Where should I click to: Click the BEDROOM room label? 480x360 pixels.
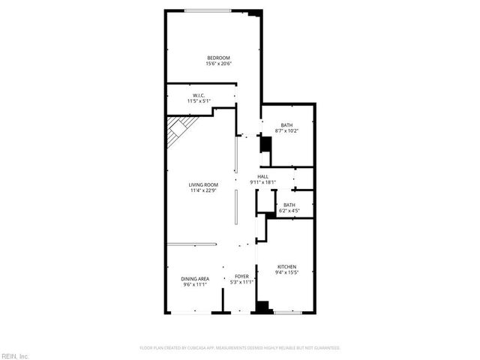point(218,58)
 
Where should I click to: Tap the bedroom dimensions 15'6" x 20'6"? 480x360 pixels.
point(218,64)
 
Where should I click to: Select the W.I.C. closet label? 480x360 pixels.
point(199,95)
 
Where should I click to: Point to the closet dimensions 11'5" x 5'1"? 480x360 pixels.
point(199,101)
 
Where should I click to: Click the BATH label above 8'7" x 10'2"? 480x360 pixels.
point(286,125)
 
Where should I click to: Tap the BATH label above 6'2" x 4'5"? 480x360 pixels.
point(289,205)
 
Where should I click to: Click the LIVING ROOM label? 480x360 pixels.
point(203,184)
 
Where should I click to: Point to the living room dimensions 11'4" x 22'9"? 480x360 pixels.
point(203,190)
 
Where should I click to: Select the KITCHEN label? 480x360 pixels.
point(287,267)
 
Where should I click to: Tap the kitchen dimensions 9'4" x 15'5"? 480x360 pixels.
point(287,273)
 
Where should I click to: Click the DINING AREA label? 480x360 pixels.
point(195,279)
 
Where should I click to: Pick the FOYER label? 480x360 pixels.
point(241,277)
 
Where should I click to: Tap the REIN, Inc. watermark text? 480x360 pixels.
point(14,355)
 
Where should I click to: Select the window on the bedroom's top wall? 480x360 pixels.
point(208,10)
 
